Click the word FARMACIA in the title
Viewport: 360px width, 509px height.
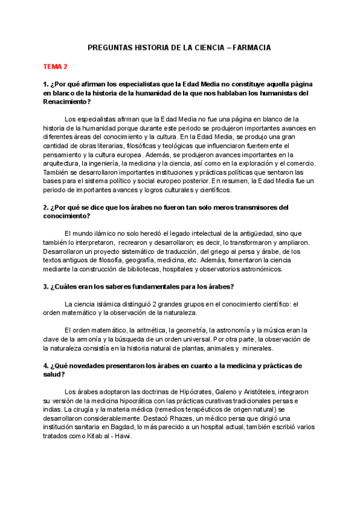coord(251,46)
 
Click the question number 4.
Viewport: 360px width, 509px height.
coord(46,365)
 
